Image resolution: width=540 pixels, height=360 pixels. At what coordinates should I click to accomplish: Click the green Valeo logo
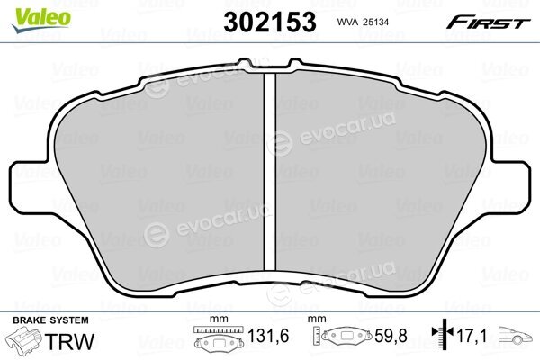pos(41,20)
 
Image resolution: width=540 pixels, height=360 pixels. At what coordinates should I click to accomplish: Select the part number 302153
pos(270,22)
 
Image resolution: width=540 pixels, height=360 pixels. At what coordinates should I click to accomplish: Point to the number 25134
pos(377,22)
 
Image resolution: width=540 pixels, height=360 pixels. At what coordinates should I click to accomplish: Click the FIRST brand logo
pos(488,22)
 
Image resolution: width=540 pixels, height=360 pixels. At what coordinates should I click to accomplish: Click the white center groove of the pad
pos(270,172)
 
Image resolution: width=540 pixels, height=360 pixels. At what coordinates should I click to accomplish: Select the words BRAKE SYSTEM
pos(50,320)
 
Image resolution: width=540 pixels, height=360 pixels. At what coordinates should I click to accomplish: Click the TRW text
pos(69,341)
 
